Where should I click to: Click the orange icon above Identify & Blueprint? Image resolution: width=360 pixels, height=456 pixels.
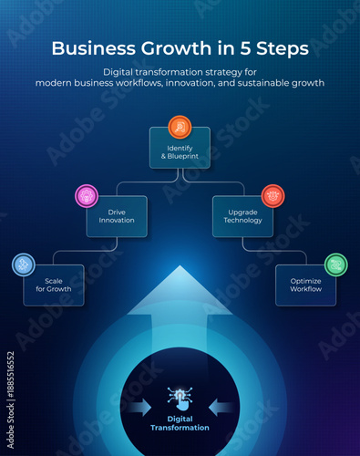180,127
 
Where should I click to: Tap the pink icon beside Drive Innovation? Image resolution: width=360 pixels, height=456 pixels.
87,195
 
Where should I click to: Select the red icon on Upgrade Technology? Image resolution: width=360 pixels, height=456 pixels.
273,195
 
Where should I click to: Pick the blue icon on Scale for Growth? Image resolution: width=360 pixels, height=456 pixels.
23,264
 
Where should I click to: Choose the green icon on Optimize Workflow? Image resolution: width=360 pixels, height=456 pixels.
336,264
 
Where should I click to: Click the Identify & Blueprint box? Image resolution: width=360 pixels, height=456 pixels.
180,149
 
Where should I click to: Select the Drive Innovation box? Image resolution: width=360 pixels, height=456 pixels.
116,217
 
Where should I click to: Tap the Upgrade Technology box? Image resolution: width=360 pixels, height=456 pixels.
243,217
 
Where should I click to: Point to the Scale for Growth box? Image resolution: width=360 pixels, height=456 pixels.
54,285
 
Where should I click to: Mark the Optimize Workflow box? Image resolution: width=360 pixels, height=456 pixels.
305,285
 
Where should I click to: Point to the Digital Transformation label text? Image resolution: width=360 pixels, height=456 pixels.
180,423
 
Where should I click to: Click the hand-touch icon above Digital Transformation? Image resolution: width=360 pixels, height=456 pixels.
180,398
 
